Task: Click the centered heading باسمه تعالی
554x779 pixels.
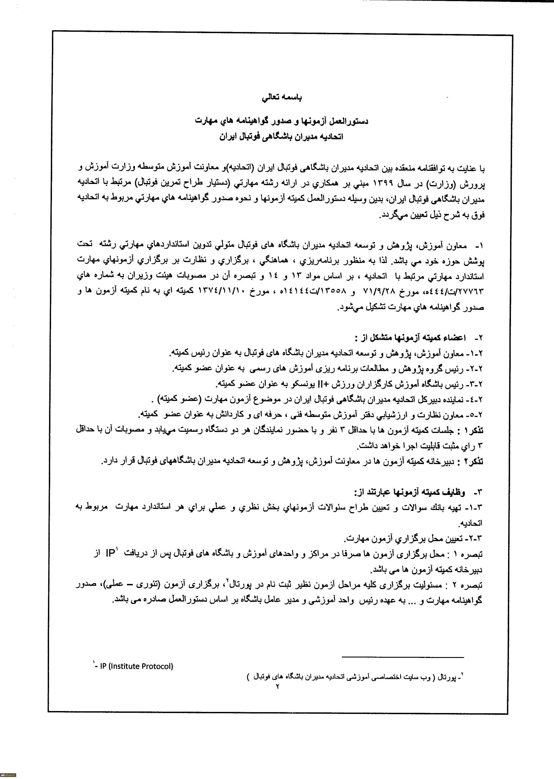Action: coord(282,98)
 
